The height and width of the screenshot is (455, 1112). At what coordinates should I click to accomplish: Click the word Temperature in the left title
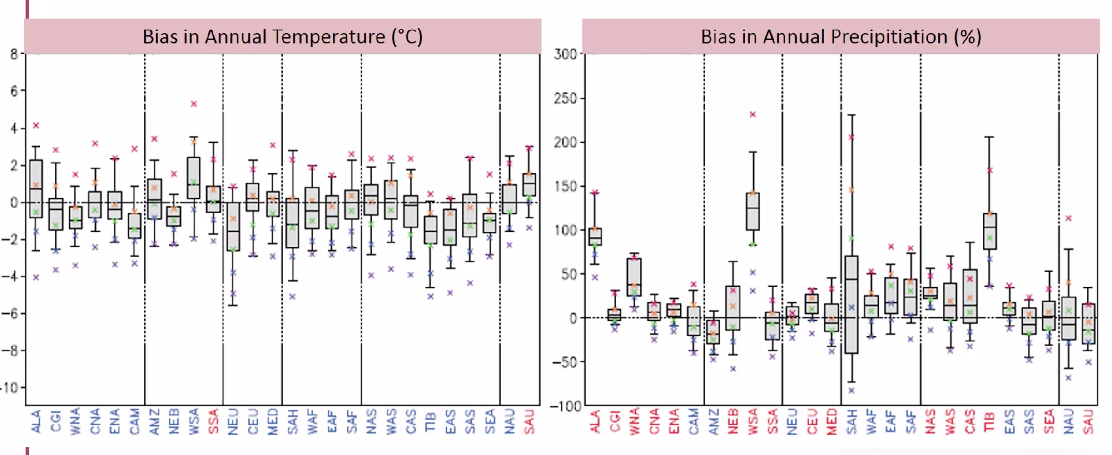pos(295,37)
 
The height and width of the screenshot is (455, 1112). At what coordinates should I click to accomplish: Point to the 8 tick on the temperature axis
pos(14,54)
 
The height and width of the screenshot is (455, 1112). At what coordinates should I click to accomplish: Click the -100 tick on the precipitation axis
pos(566,406)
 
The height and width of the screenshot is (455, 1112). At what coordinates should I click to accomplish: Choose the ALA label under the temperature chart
pos(36,421)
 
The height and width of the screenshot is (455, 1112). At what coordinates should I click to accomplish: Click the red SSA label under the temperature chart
pos(213,421)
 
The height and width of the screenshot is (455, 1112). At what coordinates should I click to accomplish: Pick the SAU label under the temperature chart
pos(530,421)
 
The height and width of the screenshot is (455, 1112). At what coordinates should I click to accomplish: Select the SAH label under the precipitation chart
pos(852,422)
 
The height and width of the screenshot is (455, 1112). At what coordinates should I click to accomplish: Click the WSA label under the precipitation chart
pos(753,422)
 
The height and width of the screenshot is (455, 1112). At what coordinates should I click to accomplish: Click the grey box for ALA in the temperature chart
pos(36,188)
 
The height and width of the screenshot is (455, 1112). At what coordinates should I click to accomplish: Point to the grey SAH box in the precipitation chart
pos(852,304)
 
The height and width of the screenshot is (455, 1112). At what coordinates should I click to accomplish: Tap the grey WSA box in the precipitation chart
pos(753,211)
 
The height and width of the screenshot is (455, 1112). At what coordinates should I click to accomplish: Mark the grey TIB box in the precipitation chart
pos(990,231)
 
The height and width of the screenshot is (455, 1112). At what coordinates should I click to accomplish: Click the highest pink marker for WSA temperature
pos(194,104)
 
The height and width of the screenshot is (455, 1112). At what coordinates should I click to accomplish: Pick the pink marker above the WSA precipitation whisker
pos(753,114)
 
